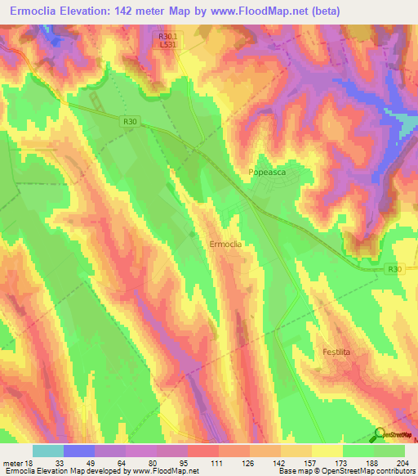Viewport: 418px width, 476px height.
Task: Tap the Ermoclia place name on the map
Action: coord(225,244)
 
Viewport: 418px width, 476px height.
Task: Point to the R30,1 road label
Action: coord(167,36)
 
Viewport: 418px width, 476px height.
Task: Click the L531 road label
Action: coord(167,45)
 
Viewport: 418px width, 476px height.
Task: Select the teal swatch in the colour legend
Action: coord(48,451)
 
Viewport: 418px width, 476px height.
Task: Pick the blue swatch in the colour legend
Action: coord(79,451)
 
